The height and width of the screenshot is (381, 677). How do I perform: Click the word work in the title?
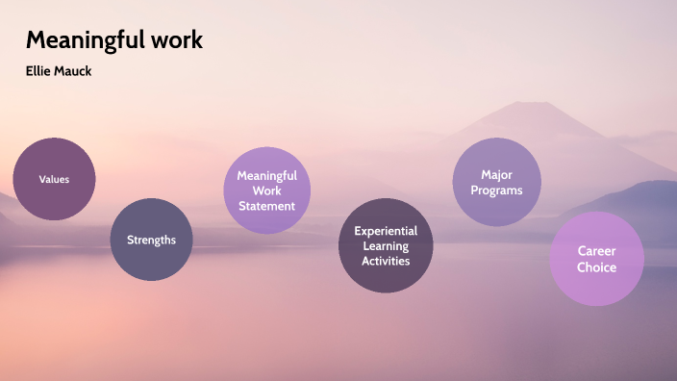coord(178,40)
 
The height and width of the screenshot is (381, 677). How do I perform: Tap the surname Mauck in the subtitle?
coord(73,71)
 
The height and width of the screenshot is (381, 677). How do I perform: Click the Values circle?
coord(54,179)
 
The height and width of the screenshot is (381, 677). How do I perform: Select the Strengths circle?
coord(152,240)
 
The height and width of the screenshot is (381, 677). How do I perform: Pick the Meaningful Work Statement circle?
coord(266,190)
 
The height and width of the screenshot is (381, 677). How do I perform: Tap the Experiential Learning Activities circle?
coord(387,246)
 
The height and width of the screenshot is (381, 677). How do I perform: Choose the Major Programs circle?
coord(497,182)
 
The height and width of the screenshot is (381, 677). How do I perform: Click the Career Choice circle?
coord(596,259)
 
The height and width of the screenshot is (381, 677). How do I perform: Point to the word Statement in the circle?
coord(266,206)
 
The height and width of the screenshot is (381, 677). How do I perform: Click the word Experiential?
coord(387,231)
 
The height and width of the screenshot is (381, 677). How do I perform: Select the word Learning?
coord(387,246)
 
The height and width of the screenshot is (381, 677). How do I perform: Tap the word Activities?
coord(387,261)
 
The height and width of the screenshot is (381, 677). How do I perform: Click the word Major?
coord(497,174)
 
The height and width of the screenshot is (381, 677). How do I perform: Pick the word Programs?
coord(497,190)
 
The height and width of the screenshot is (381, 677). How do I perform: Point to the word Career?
coord(596,251)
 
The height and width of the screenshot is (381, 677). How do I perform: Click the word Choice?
coord(596,267)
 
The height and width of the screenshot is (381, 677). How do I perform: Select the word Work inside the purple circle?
coord(266,190)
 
